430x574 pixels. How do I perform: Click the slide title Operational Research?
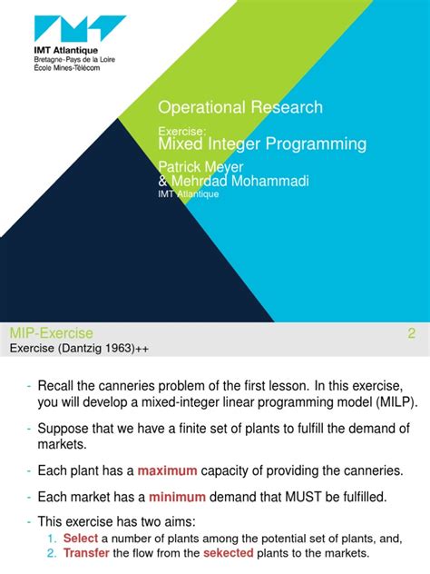(240, 107)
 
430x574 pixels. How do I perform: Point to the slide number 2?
(411, 333)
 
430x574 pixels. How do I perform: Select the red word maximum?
(171, 470)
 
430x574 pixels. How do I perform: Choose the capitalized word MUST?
(284, 497)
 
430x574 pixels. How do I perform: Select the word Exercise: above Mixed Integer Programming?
(183, 131)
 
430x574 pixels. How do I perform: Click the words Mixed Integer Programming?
(262, 144)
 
